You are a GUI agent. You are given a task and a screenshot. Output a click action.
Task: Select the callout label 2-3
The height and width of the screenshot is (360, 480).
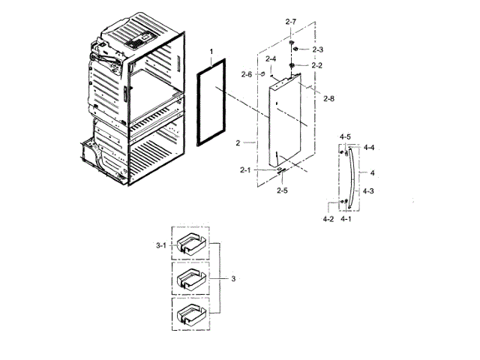(317, 49)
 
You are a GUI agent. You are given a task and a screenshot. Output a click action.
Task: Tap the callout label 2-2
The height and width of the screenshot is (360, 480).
(317, 65)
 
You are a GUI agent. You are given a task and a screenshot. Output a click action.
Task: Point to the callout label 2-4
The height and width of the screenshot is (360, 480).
(270, 58)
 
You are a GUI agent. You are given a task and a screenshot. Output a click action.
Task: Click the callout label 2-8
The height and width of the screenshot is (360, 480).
(328, 98)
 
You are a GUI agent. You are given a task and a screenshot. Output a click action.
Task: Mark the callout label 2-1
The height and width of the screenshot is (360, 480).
(245, 171)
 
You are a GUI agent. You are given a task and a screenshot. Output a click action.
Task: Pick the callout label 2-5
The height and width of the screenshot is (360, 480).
(282, 190)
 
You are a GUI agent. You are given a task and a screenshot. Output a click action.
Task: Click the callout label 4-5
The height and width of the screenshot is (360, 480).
(345, 136)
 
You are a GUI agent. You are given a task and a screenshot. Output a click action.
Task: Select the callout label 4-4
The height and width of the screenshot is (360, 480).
(369, 148)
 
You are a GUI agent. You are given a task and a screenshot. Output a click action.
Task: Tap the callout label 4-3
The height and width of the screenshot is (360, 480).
(369, 192)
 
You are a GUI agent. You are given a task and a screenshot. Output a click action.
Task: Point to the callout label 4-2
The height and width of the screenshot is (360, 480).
(328, 219)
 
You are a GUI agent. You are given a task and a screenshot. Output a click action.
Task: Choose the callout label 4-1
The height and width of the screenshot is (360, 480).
(346, 219)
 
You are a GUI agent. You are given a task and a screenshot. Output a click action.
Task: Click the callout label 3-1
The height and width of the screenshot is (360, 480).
(160, 245)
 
